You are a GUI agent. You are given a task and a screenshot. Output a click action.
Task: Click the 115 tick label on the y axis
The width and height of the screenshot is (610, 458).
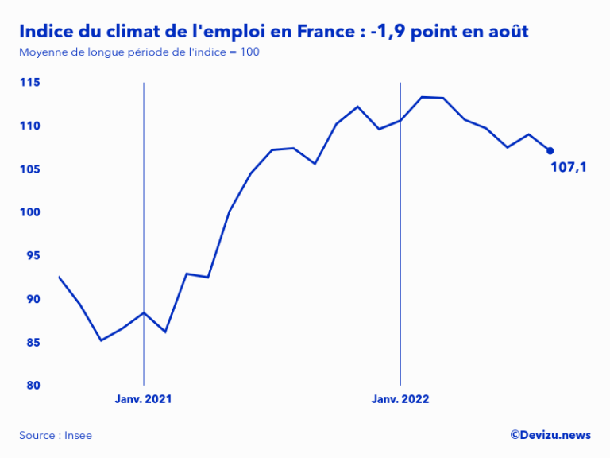pos(30,83)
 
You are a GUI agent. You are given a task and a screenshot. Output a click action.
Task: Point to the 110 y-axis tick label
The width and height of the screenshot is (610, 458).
pos(30,126)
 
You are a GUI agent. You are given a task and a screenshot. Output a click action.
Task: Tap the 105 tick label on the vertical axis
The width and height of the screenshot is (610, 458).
pos(30,169)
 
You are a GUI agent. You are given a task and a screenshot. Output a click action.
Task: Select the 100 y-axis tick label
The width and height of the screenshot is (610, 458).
pos(30,212)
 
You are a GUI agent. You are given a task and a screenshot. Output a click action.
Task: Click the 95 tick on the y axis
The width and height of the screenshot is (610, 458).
pos(33,255)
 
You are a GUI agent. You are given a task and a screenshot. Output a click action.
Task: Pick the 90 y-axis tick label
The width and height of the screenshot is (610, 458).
pos(33,299)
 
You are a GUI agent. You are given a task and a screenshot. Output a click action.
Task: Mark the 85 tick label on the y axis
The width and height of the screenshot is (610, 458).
pos(33,342)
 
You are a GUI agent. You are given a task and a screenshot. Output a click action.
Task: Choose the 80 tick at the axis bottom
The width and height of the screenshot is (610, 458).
pos(33,386)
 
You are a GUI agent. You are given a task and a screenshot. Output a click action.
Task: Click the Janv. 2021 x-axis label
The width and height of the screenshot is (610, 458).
pos(143,399)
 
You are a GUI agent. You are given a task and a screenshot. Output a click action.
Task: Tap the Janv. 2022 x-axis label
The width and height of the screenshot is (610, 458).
pos(400,399)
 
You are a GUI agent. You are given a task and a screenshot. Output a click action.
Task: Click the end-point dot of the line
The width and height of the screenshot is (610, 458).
pos(550,150)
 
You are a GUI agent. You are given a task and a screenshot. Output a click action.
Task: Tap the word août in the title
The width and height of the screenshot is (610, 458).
pos(506,32)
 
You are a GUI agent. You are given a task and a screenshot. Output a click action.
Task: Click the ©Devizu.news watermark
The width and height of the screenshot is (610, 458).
pos(550,434)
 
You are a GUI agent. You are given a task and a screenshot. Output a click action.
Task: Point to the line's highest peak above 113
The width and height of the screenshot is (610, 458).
pos(422,97)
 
